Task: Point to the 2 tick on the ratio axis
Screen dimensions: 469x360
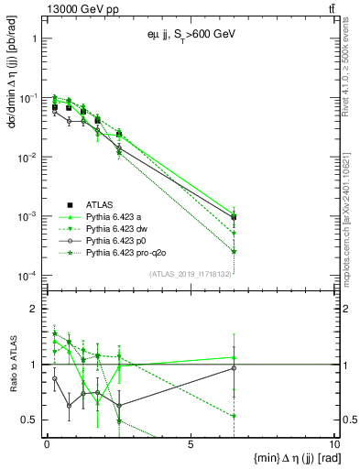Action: coord(34,309)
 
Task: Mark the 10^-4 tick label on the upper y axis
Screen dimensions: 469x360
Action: coord(28,276)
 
